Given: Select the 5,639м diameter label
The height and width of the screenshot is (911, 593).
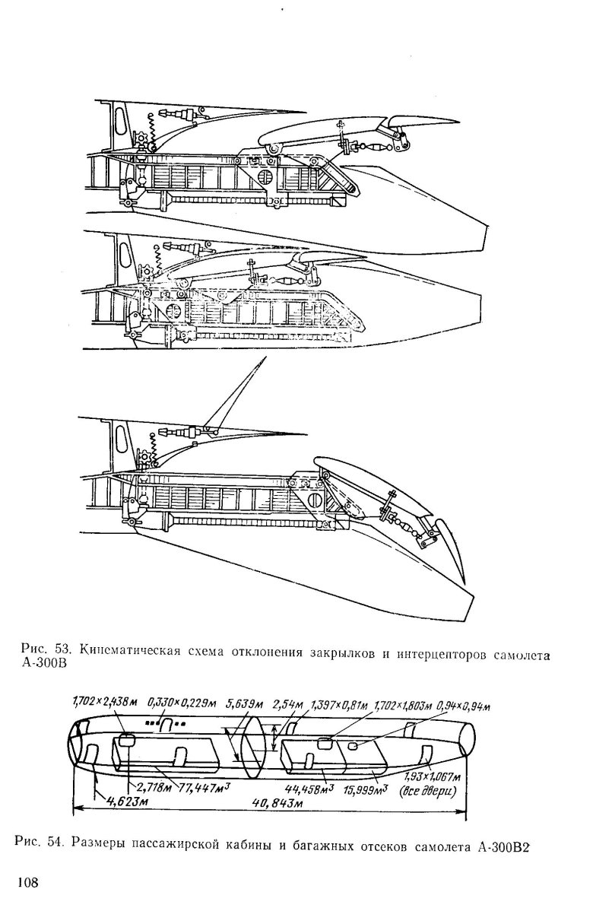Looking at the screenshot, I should click(x=244, y=700).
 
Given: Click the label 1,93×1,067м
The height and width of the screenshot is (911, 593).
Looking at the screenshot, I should click(x=431, y=776).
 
